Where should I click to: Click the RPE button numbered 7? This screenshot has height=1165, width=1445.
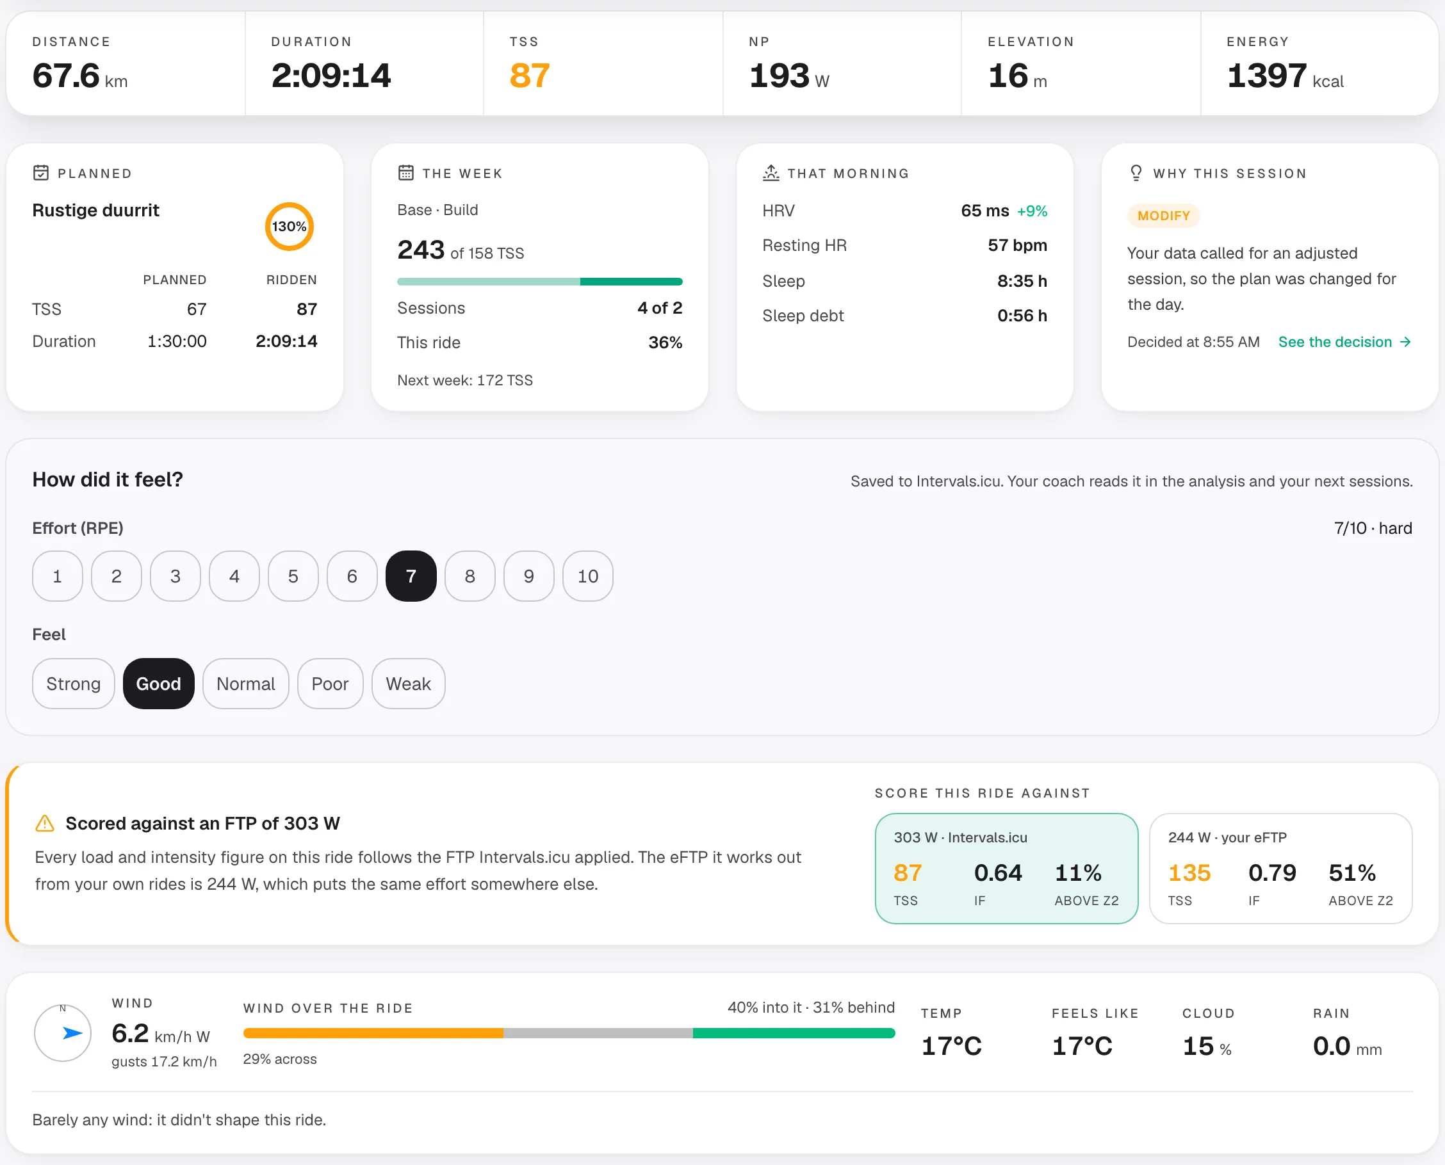[x=411, y=576]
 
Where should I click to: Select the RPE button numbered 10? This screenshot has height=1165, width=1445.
[x=587, y=576]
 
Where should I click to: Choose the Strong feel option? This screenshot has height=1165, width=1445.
[x=73, y=683]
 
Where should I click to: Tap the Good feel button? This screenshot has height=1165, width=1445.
[x=158, y=683]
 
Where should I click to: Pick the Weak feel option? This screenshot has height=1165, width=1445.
[x=408, y=683]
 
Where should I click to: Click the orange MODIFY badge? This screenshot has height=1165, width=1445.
[x=1164, y=216]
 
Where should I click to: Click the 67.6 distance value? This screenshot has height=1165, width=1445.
[x=66, y=75]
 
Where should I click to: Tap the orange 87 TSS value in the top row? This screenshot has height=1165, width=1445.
[x=530, y=75]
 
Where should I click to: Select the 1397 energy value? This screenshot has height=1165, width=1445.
[x=1266, y=75]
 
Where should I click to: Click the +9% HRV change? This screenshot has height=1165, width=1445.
[x=1032, y=211]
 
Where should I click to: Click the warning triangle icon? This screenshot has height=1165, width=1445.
[x=44, y=823]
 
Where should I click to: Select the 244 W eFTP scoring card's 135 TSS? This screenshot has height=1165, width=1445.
[x=1189, y=872]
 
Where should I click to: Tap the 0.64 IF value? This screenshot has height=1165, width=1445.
[x=998, y=872]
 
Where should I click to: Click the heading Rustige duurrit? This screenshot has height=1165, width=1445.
[x=95, y=210]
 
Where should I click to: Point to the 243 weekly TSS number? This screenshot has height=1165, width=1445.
[x=421, y=250]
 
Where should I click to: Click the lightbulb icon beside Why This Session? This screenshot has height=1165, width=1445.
[x=1136, y=173]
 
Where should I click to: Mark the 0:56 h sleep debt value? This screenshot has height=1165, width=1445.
[x=1022, y=316]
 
